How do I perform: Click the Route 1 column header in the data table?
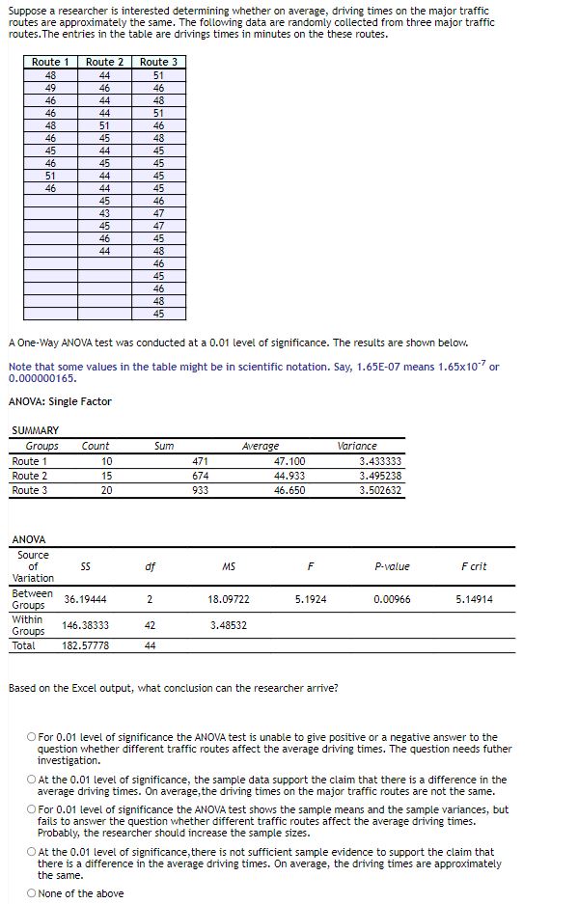50,62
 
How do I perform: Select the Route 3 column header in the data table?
158,62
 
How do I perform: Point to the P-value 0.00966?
392,599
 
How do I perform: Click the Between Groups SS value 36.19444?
85,599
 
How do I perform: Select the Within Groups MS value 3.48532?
229,625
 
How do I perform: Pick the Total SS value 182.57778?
85,645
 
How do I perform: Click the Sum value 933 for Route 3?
200,490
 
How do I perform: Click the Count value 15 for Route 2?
106,476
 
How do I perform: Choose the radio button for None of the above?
32,893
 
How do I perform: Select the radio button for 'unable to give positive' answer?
32,738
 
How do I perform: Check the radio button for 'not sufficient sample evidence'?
32,852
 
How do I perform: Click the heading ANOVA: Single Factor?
60,401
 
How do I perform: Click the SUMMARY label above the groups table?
35,430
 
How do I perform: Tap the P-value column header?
391,566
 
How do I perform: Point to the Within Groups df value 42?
150,625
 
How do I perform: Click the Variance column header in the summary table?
358,446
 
